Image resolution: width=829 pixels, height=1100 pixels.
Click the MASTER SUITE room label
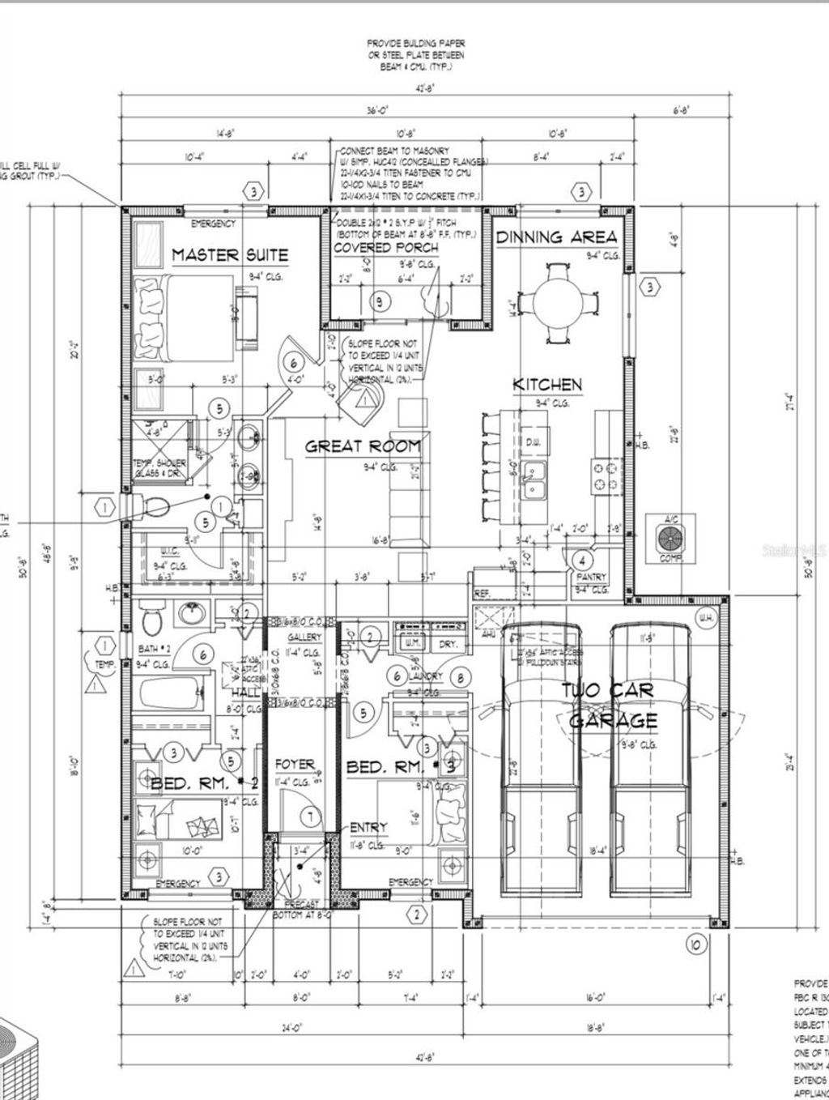[x=229, y=255]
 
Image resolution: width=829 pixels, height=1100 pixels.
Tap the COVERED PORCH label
[x=385, y=247]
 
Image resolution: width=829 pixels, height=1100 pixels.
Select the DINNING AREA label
[x=556, y=237]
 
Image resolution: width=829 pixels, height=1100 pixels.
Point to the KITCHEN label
[x=547, y=384]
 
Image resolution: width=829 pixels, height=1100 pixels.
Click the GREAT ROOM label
[x=363, y=446]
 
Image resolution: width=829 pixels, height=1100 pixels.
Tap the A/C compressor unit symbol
[x=670, y=536]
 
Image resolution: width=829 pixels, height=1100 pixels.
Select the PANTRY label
[x=592, y=577]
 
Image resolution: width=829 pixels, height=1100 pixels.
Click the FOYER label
[x=295, y=764]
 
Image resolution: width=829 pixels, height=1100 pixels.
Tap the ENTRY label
[x=368, y=827]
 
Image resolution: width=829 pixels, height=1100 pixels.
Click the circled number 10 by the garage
[x=695, y=944]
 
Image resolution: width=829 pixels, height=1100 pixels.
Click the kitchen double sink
[x=534, y=480]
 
